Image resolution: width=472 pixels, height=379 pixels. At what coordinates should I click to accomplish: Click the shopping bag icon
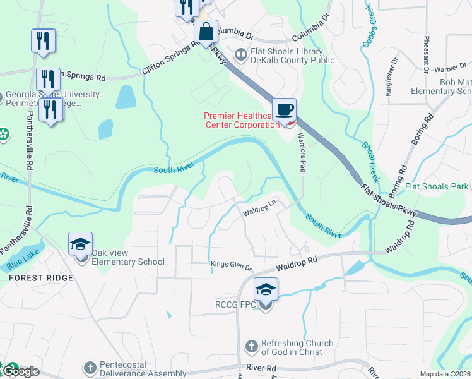(x=206, y=32)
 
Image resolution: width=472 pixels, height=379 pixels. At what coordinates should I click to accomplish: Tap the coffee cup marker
(x=284, y=110)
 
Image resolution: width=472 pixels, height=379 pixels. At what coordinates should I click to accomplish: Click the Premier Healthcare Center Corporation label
(x=241, y=119)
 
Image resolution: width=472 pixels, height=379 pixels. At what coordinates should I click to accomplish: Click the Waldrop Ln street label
(x=260, y=213)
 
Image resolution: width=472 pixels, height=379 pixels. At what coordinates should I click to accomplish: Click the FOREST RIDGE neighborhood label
(x=40, y=278)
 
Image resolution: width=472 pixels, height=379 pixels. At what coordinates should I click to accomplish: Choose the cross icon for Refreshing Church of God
(x=251, y=347)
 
